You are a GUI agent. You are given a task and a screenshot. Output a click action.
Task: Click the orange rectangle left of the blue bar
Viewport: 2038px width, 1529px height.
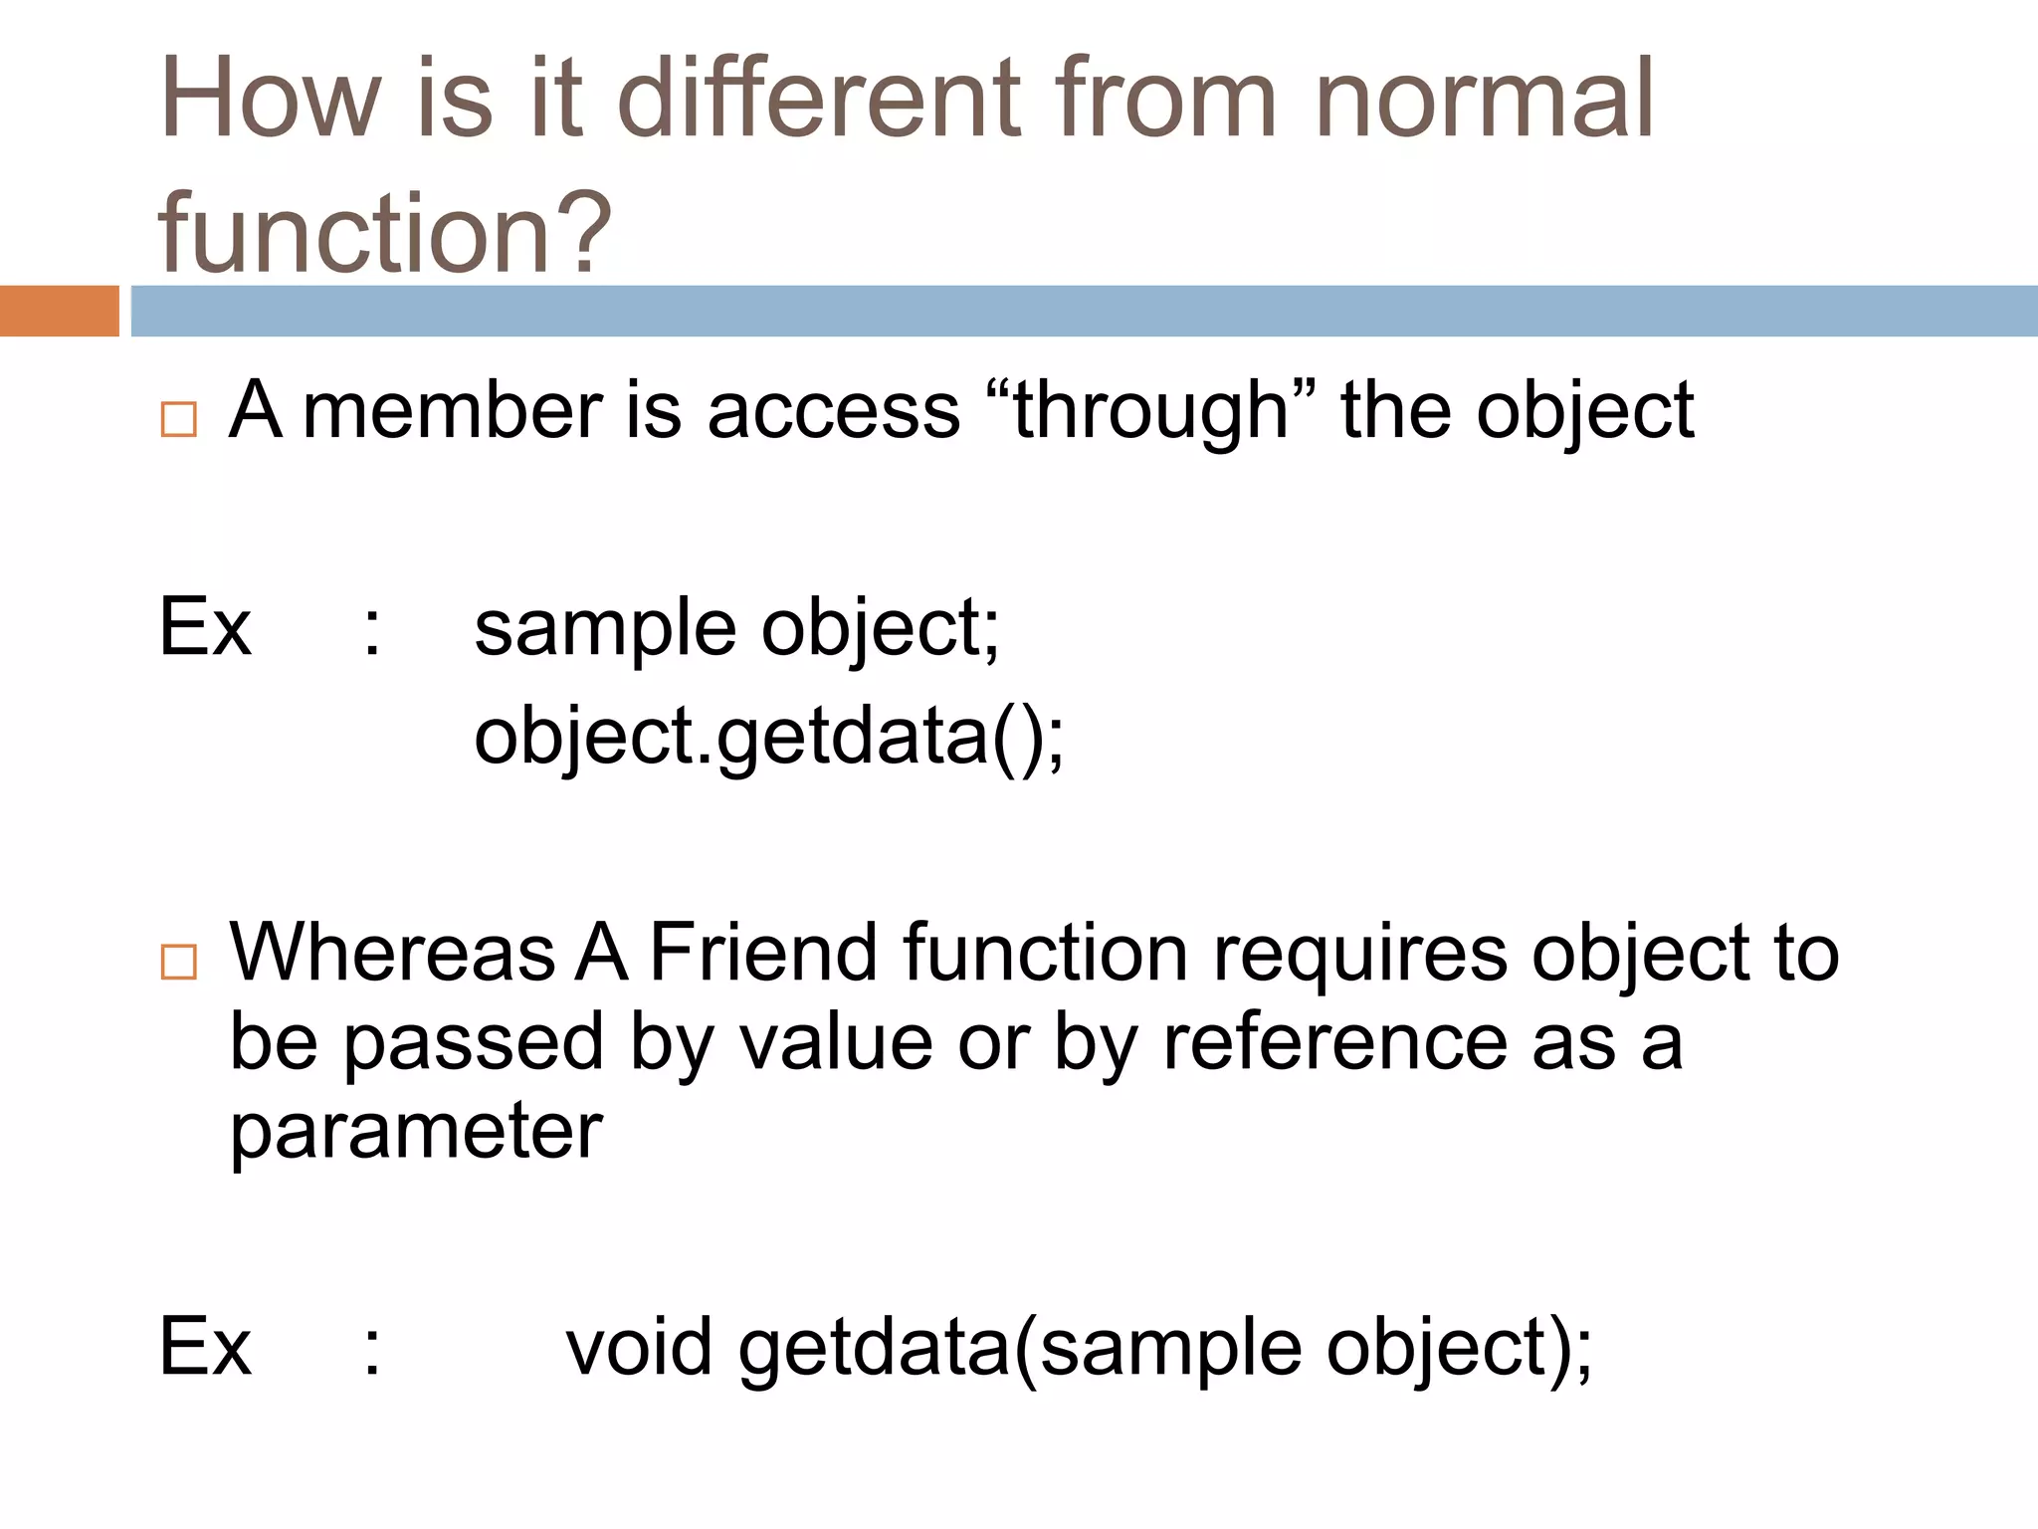click(59, 311)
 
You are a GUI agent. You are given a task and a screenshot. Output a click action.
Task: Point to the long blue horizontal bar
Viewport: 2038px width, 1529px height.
click(1084, 311)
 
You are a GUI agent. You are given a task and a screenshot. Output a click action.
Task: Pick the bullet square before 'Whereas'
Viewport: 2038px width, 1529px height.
click(179, 962)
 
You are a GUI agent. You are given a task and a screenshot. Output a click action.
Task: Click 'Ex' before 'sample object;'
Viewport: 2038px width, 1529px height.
click(205, 627)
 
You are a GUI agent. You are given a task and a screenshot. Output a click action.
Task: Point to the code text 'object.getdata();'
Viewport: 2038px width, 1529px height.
click(768, 737)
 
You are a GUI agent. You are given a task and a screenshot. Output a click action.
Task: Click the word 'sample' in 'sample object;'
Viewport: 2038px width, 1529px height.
click(605, 629)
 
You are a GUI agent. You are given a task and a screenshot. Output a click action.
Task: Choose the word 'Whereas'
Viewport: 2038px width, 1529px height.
click(392, 953)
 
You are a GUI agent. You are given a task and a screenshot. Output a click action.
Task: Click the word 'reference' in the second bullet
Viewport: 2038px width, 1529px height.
click(1334, 1042)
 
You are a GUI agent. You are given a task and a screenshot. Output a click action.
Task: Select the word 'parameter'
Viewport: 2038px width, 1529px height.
click(416, 1132)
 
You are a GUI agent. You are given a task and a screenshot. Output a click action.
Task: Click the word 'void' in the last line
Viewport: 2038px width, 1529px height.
click(639, 1347)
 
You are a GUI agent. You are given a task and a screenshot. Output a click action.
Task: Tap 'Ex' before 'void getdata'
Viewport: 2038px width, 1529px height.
click(205, 1347)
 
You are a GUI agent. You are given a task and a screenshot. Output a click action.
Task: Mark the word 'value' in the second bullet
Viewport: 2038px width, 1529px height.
click(835, 1042)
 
